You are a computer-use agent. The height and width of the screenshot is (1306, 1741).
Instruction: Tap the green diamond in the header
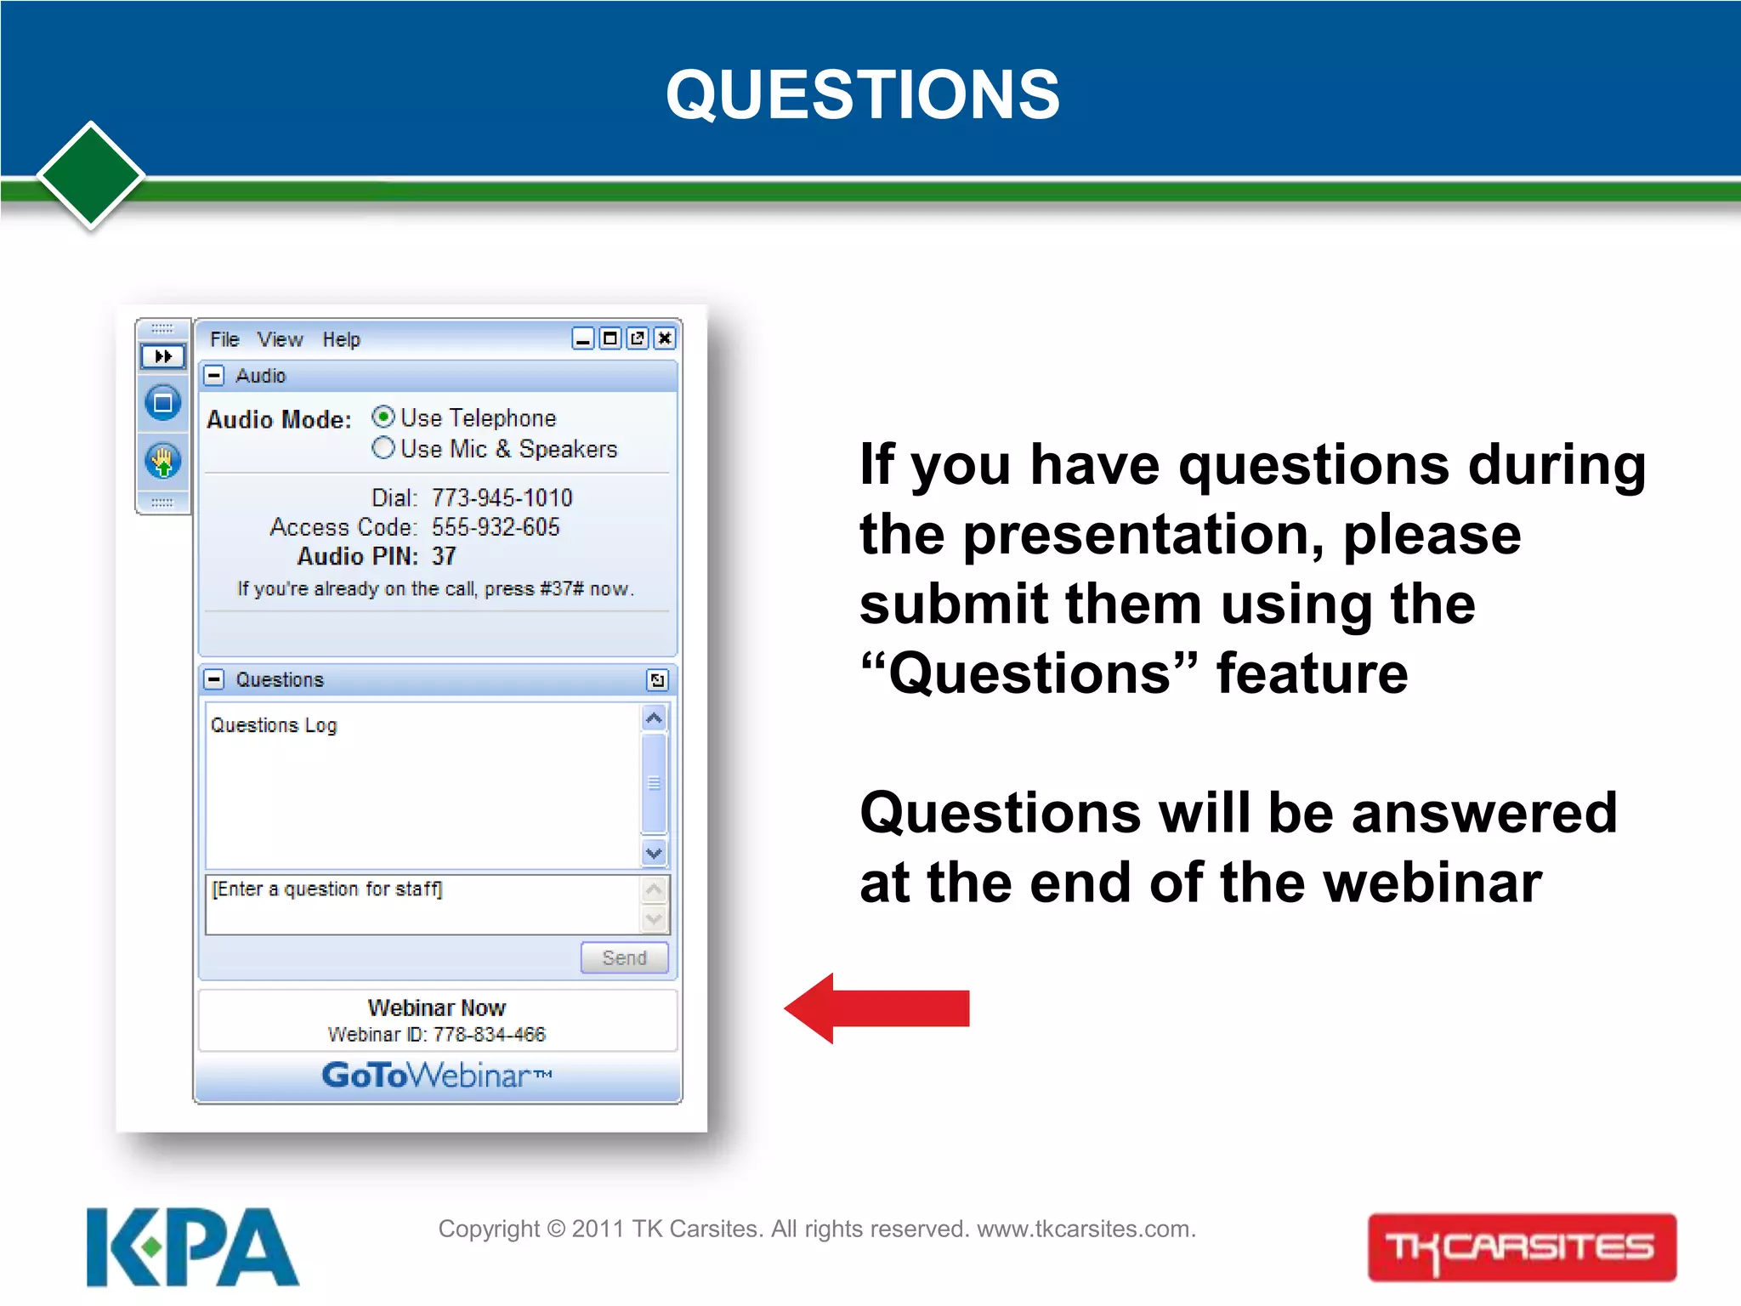point(91,176)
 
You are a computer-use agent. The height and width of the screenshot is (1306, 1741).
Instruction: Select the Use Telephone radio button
point(383,417)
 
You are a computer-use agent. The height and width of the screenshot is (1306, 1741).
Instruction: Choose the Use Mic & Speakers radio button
point(383,447)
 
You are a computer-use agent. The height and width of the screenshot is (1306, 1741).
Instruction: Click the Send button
point(624,957)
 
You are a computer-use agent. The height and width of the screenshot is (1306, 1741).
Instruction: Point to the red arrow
point(877,1008)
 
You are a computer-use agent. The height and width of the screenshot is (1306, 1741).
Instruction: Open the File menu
point(224,339)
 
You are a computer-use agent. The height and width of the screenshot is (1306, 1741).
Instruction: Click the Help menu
point(341,339)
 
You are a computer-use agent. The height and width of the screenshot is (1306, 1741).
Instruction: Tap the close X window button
point(665,338)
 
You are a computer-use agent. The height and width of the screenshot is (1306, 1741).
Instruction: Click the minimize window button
point(583,338)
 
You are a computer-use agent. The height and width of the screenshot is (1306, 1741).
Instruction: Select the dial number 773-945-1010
point(502,497)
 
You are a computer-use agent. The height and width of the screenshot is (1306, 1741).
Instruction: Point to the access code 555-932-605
point(496,527)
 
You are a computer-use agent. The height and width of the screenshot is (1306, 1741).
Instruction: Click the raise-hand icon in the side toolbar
point(163,462)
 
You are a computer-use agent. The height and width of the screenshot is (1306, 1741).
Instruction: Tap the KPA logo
point(192,1247)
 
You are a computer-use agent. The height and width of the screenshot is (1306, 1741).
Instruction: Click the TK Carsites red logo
point(1522,1247)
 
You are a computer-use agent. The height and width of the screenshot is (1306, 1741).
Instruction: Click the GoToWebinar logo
point(437,1076)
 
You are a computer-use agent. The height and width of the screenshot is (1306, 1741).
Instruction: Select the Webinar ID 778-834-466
point(490,1034)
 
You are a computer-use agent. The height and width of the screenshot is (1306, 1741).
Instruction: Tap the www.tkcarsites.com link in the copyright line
point(1086,1229)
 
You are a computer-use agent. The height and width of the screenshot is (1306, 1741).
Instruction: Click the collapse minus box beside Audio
point(215,376)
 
